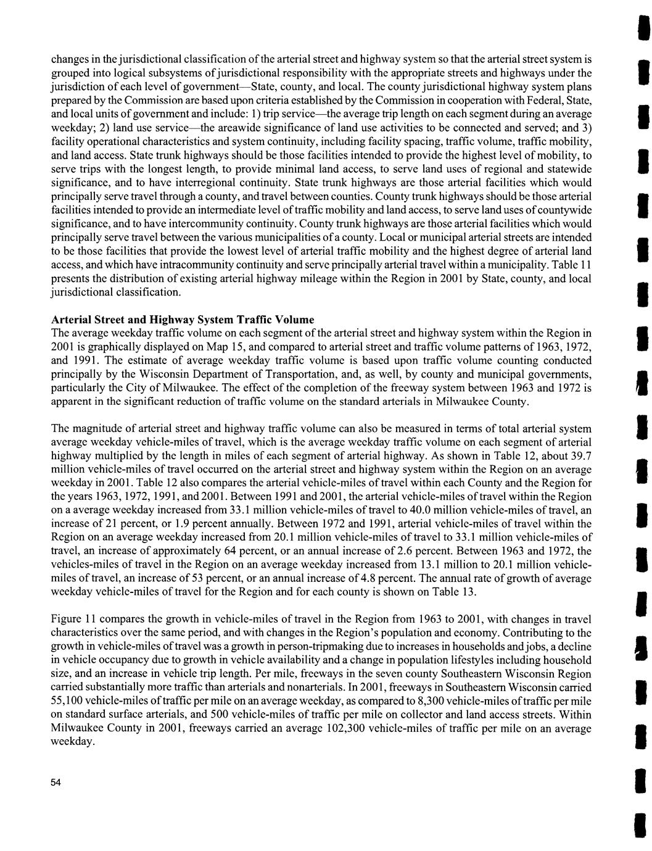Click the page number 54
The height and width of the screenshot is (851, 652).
56,783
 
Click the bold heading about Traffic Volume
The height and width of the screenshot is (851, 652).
183,320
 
